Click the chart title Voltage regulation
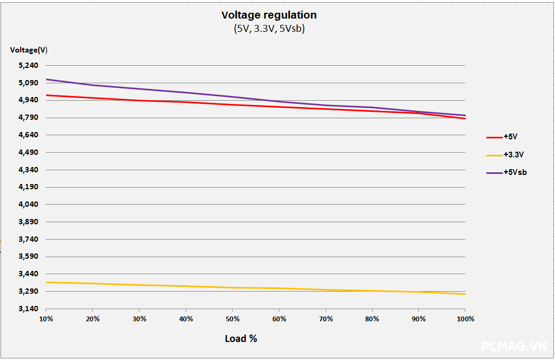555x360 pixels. tap(269, 15)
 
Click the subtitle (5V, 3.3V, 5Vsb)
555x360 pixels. tap(269, 29)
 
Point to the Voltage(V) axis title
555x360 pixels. tap(29, 50)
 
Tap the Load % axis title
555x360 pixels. tap(241, 338)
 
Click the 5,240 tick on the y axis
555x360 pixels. tap(29, 65)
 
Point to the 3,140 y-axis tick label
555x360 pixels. tap(29, 309)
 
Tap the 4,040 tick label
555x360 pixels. tap(29, 205)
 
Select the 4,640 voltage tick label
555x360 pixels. tap(29, 135)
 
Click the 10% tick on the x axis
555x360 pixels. tap(46, 319)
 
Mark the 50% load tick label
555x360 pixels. tap(233, 319)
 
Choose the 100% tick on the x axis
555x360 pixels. tap(465, 319)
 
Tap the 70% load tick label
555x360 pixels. tap(326, 319)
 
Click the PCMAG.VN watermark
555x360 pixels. tap(514, 346)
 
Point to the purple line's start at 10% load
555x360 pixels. tap(47, 80)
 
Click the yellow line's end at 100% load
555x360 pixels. tap(465, 294)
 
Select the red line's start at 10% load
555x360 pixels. tap(47, 95)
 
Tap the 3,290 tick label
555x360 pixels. tap(29, 292)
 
